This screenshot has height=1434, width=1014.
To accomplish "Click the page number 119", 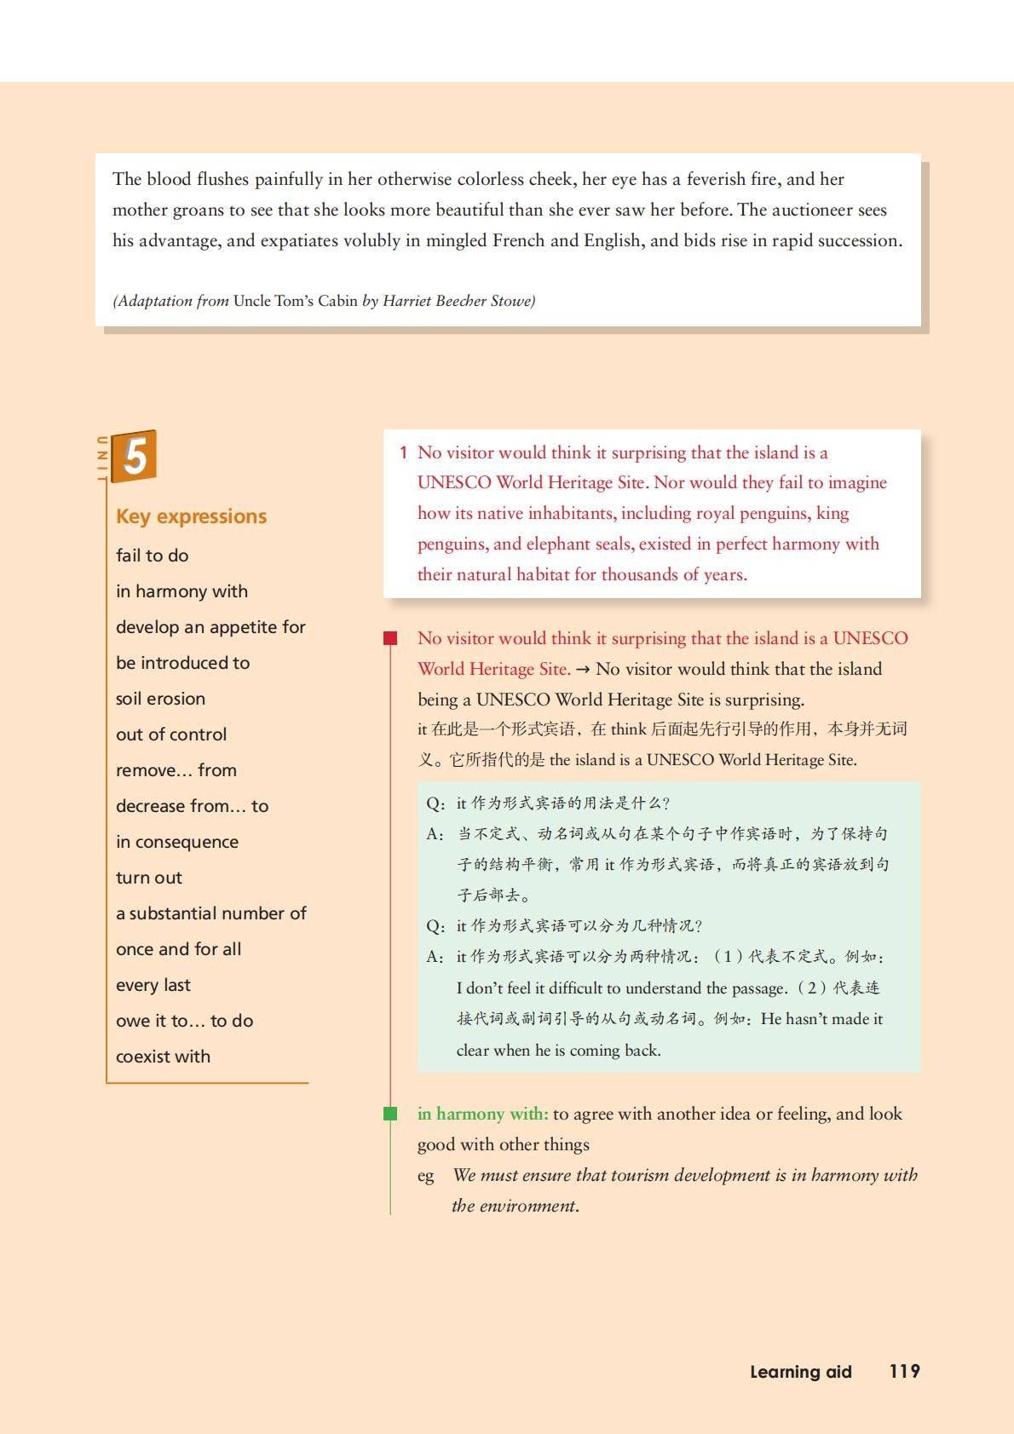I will pyautogui.click(x=904, y=1371).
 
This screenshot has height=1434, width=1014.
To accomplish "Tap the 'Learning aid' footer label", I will pyautogui.click(x=800, y=1372).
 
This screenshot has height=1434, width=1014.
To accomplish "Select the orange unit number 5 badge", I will pyautogui.click(x=135, y=456).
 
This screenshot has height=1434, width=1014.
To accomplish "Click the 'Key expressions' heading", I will pyautogui.click(x=191, y=516).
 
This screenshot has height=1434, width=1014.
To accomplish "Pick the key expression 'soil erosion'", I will pyautogui.click(x=160, y=699).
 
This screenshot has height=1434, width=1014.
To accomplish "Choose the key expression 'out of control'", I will pyautogui.click(x=171, y=734).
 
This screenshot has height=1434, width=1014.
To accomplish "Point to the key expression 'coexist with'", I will pyautogui.click(x=163, y=1057).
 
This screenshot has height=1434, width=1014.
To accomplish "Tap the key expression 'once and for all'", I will pyautogui.click(x=178, y=949).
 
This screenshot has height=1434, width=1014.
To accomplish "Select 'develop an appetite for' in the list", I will pyautogui.click(x=210, y=627).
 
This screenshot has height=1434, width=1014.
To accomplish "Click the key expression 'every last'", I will pyautogui.click(x=153, y=985).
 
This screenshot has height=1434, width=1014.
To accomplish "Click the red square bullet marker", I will pyautogui.click(x=390, y=638).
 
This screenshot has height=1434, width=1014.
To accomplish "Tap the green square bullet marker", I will pyautogui.click(x=390, y=1114).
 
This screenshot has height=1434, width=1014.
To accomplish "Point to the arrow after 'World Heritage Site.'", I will pyautogui.click(x=583, y=670).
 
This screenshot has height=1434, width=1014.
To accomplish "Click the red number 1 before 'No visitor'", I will pyautogui.click(x=403, y=452).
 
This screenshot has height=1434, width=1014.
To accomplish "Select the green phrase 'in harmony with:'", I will pyautogui.click(x=482, y=1114).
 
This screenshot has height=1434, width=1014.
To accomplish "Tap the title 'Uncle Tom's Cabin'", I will pyautogui.click(x=295, y=301).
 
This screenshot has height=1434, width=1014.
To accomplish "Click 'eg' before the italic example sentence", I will pyautogui.click(x=425, y=1176).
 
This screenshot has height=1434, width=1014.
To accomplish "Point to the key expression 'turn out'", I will pyautogui.click(x=149, y=878).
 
